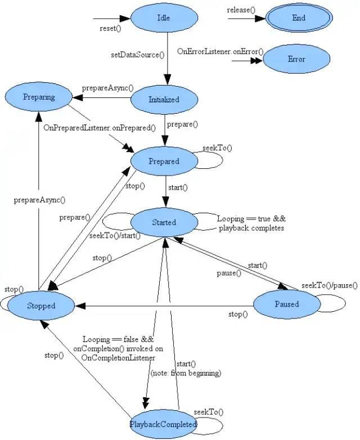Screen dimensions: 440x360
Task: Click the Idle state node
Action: [x=164, y=18]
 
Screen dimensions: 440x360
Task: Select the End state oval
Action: [x=299, y=18]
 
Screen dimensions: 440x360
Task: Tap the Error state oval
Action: [x=296, y=59]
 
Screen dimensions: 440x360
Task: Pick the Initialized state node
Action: [x=164, y=100]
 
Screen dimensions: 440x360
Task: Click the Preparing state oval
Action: [x=39, y=97]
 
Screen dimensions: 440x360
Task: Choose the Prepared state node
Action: [x=164, y=161]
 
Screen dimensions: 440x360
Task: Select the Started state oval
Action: [x=164, y=222]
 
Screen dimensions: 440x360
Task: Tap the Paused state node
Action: [x=287, y=304]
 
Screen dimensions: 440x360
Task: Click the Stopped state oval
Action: [x=41, y=306]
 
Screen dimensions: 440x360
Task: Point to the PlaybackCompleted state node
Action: [x=163, y=424]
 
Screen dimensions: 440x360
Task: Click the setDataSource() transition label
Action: [x=138, y=55]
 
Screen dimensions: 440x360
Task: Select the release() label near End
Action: [x=240, y=10]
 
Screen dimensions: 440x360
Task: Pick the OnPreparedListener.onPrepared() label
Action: [x=100, y=127]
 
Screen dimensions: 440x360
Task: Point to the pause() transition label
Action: [x=229, y=273]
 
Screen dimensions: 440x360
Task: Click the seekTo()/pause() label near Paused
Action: [x=329, y=286]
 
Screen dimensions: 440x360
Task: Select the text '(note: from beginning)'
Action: [x=186, y=372]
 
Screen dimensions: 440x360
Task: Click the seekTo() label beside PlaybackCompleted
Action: [x=209, y=412]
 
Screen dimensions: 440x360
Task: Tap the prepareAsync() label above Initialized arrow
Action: [x=108, y=88]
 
